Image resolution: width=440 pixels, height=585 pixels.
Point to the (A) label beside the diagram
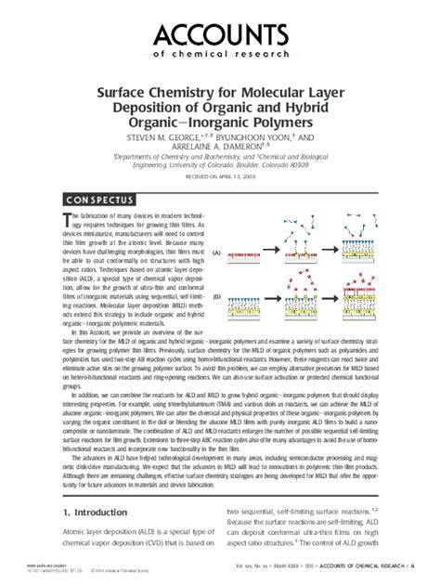(x=216, y=252)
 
